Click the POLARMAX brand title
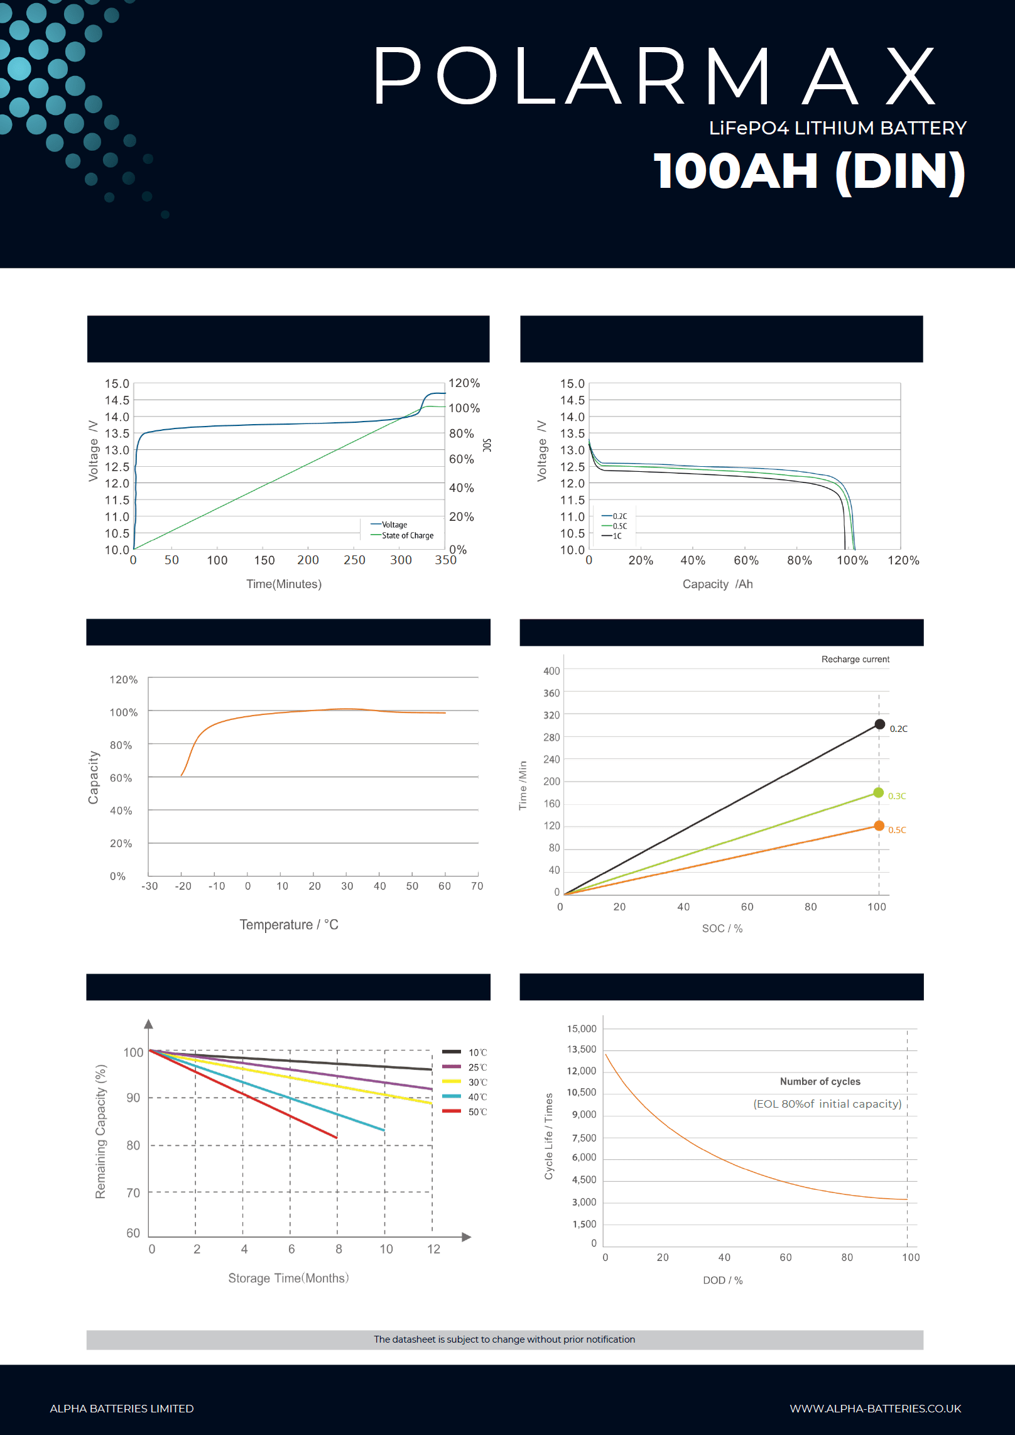click(x=654, y=77)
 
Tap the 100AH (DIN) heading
click(x=809, y=172)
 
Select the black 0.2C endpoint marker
click(x=879, y=724)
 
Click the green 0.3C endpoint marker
click(x=878, y=793)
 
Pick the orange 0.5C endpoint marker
click(x=879, y=826)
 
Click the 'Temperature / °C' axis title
click(x=289, y=924)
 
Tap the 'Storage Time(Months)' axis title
click(x=288, y=1278)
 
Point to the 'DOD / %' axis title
click(x=722, y=1280)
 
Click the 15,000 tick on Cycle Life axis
click(x=582, y=1029)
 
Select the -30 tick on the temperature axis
click(x=149, y=886)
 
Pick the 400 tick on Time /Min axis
click(x=551, y=671)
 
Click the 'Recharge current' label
click(x=855, y=659)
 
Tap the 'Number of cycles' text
click(x=820, y=1081)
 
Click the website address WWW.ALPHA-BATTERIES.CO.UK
click(x=875, y=1409)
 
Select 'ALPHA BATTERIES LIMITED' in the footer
click(x=122, y=1409)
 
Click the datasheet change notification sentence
click(x=504, y=1339)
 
